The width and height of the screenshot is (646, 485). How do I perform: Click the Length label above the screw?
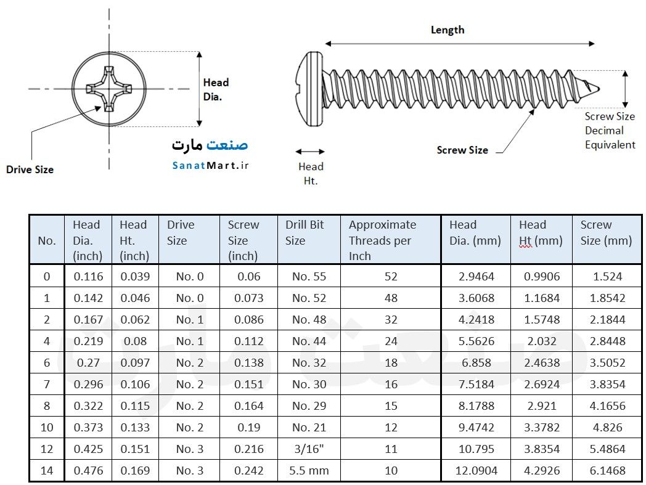pos(448,30)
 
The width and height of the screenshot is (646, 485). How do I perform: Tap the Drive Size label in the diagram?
pos(30,169)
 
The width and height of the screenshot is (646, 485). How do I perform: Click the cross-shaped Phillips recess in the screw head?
pos(109,89)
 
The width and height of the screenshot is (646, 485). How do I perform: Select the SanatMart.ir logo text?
pos(210,165)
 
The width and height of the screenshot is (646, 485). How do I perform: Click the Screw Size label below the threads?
pos(462,150)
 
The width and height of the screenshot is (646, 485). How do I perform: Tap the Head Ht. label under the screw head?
pos(311,174)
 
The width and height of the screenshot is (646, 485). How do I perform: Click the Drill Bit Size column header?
pos(305,232)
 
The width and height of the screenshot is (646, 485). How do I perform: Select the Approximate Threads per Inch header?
pos(382,240)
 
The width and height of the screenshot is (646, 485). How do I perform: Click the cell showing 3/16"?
pos(309,449)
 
